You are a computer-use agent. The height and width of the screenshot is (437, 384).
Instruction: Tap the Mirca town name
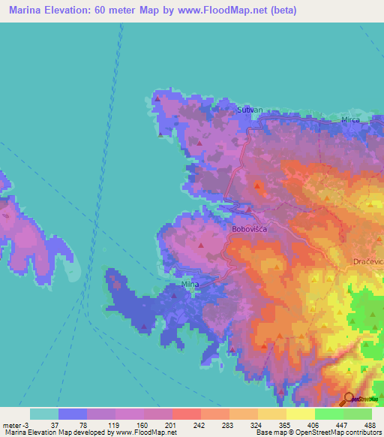tap(350, 119)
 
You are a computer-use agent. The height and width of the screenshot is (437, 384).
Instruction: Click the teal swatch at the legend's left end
tap(44, 414)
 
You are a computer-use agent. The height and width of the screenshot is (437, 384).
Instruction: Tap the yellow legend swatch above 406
tap(301, 414)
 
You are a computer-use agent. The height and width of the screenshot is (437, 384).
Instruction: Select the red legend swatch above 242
tap(187, 414)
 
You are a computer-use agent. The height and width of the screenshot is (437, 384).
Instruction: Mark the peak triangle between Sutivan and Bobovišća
tap(258, 184)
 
